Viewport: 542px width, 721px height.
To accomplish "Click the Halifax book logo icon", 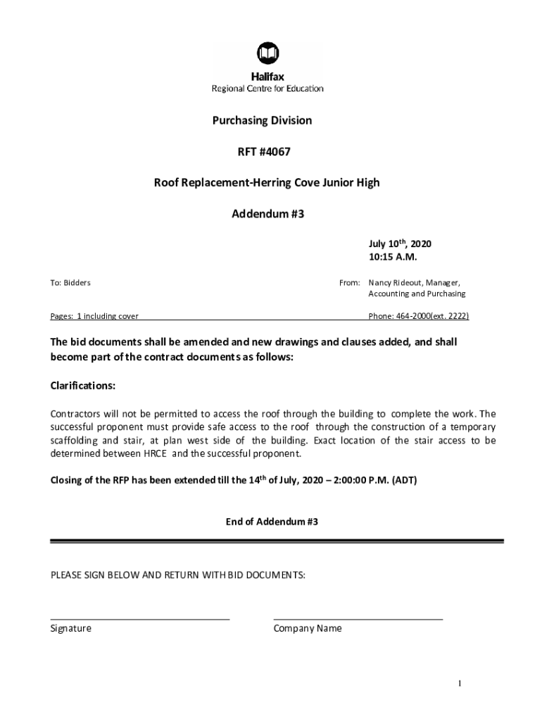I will (x=267, y=53).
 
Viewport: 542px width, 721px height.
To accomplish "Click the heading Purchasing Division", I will (x=262, y=120).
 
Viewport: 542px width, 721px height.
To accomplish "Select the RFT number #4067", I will (x=275, y=151).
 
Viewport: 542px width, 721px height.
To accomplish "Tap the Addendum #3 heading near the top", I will (x=267, y=213).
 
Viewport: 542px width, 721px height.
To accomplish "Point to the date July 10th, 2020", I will (x=399, y=244).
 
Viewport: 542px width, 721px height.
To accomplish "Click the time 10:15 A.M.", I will (x=388, y=256).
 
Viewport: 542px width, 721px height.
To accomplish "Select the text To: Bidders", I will (x=70, y=282).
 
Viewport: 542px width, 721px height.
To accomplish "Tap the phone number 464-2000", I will (x=412, y=316).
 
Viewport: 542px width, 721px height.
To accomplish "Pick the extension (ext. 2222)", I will (x=450, y=316).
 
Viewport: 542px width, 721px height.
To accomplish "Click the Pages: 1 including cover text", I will (x=94, y=316).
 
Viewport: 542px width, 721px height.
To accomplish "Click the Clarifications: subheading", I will (x=83, y=387).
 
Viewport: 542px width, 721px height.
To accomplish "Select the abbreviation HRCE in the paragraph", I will (x=155, y=453).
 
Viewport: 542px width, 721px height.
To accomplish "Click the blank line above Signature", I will (x=139, y=618).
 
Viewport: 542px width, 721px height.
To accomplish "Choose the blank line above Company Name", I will (x=358, y=618).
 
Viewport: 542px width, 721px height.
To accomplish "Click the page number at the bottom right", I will (x=459, y=684).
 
